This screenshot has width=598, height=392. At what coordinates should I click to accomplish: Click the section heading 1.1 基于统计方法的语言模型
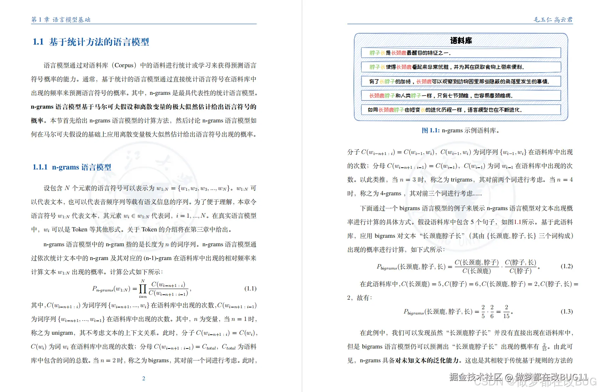click(91, 42)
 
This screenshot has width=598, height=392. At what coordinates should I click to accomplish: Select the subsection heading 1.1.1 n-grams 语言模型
click(72, 167)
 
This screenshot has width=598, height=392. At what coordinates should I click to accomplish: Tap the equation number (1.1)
click(251, 288)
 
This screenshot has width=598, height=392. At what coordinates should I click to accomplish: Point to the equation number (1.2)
click(567, 266)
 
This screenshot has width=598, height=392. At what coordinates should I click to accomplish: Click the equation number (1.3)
click(567, 311)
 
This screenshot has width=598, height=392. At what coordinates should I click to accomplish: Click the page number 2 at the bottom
click(144, 378)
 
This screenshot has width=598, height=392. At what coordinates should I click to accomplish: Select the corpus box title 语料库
click(461, 41)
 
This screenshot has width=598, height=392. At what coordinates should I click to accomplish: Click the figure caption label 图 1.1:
click(430, 130)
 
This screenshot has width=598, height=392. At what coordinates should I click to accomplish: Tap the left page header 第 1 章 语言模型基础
click(61, 19)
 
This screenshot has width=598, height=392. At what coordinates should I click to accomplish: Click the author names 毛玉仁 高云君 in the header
click(553, 19)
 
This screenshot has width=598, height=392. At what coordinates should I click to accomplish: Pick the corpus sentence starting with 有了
click(459, 81)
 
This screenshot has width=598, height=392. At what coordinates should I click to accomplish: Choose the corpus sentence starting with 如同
click(444, 110)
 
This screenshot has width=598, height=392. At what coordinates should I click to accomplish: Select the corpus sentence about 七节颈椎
click(441, 96)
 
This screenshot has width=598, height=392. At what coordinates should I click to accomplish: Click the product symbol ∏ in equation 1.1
click(143, 289)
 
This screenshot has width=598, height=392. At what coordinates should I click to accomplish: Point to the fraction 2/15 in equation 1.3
click(506, 312)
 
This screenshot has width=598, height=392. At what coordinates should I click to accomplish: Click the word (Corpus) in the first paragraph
click(124, 65)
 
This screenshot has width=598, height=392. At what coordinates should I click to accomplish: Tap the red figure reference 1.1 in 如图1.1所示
click(517, 222)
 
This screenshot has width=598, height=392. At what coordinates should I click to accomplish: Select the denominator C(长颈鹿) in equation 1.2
click(476, 271)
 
